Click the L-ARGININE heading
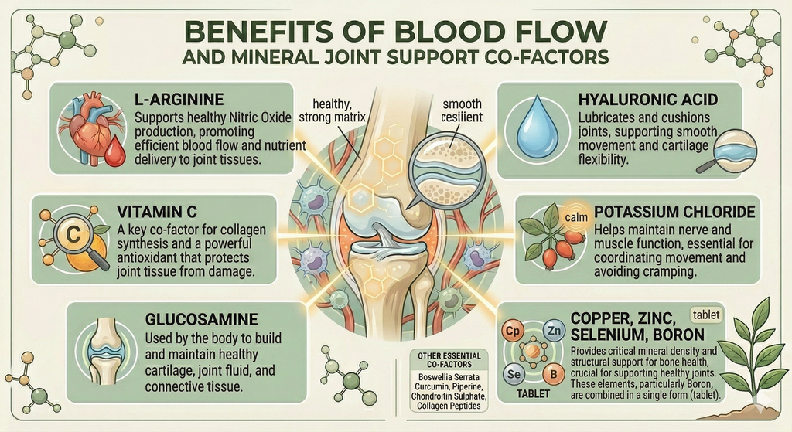coord(179,99)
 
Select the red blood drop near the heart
coord(116,151)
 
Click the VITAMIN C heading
coord(156,211)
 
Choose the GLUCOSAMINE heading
coord(202,319)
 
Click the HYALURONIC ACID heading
coord(648,99)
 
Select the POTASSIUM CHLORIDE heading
coord(674,212)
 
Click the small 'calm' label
coord(576,217)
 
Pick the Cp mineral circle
coord(512,332)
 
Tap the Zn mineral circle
coord(554,331)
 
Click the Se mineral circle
coord(514,374)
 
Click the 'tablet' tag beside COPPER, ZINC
coord(706,315)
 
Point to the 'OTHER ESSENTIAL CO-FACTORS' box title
coord(449,360)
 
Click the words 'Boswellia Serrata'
coord(449,377)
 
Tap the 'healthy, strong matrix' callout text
coord(332,111)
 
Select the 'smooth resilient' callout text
coord(462,111)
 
